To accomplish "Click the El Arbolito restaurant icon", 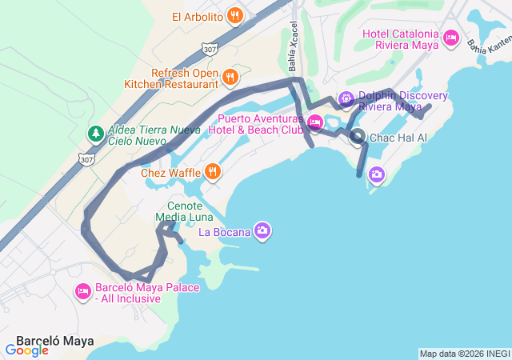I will (x=234, y=15).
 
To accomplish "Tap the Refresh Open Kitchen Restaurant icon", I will (x=230, y=77).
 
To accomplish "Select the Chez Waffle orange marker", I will (x=212, y=171).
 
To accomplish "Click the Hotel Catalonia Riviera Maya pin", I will (x=450, y=38).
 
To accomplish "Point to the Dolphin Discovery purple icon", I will (x=346, y=99).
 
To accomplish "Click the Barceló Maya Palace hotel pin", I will (x=82, y=292).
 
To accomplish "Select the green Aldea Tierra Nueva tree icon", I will (x=94, y=133).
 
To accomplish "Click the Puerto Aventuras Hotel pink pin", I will (x=314, y=122).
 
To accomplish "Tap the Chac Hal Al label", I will (x=398, y=138).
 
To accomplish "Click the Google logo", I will (x=27, y=350).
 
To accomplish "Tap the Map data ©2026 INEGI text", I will (x=464, y=354).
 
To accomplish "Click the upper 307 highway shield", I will (x=210, y=50).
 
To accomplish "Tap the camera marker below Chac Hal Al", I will (x=376, y=174).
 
